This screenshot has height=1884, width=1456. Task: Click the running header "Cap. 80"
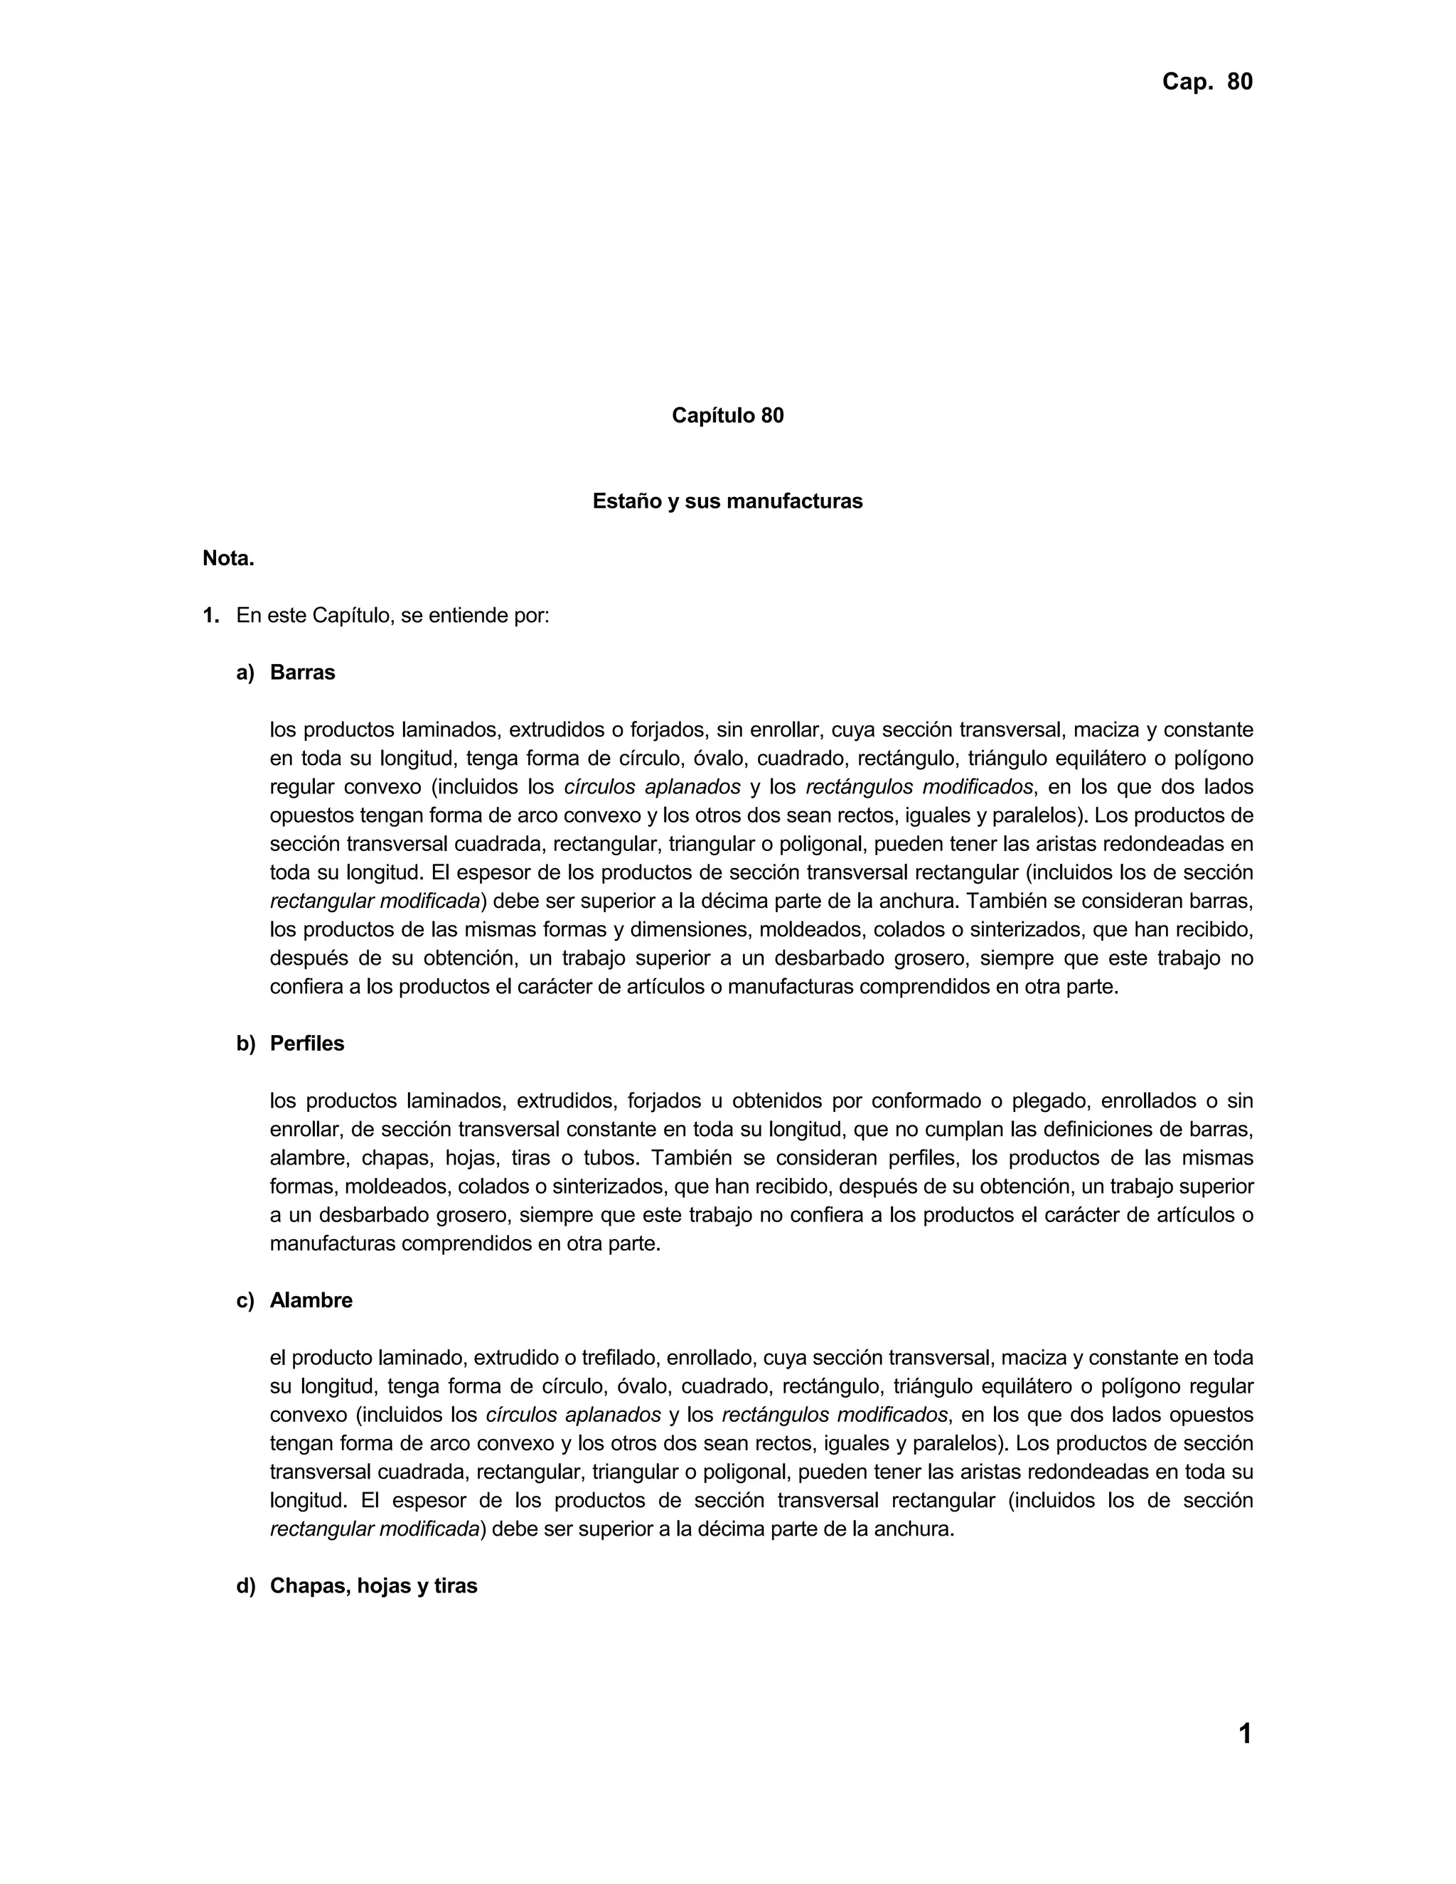point(1206,82)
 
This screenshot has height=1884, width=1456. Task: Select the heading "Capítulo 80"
point(727,416)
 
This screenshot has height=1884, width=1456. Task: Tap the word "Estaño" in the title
point(626,501)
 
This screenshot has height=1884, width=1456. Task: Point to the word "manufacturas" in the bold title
point(802,501)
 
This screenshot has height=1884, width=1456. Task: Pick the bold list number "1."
point(211,616)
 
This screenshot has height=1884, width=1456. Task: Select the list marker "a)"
point(246,673)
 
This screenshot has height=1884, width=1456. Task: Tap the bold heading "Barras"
point(302,673)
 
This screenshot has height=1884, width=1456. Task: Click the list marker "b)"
point(246,1044)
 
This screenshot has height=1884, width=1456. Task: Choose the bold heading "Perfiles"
point(306,1044)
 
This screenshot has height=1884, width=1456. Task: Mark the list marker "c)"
point(246,1301)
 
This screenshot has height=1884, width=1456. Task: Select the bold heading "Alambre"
point(311,1301)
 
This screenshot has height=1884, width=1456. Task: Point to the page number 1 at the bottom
point(1244,1734)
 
